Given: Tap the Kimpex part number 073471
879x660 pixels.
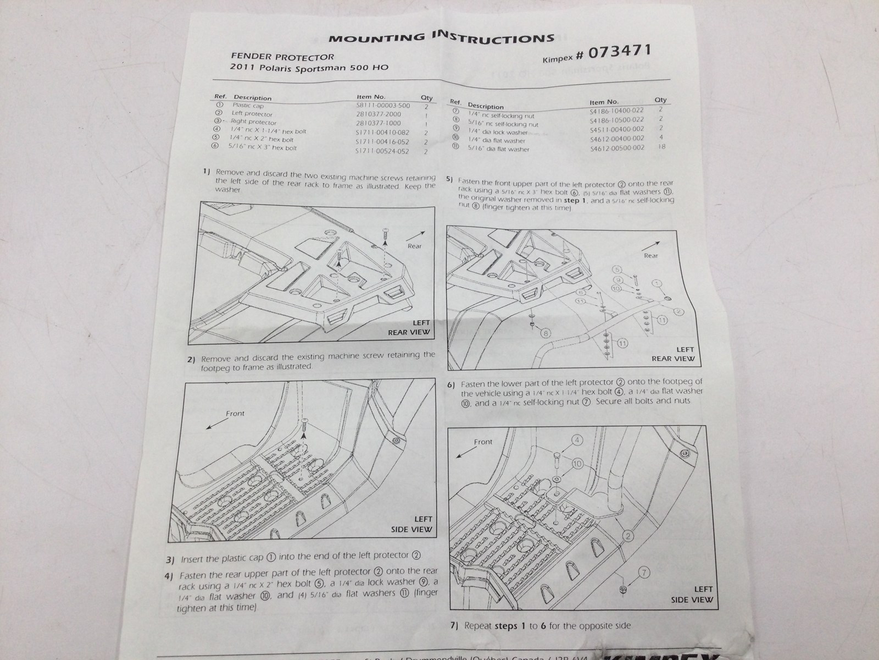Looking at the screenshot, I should (x=619, y=53).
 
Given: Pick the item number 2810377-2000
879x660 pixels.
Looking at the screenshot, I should (x=379, y=114).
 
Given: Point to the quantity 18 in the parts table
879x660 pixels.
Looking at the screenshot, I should (x=661, y=147).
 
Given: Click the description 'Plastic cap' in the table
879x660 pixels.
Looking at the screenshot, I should (x=248, y=106).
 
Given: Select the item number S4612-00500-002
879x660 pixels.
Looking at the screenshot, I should (x=616, y=148).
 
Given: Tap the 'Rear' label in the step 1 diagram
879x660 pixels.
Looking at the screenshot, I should (x=415, y=246).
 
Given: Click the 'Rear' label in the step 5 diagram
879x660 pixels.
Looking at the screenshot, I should (x=650, y=256).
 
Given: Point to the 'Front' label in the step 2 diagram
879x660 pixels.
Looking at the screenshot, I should (x=235, y=413).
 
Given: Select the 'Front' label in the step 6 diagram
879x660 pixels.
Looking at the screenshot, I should (x=483, y=442).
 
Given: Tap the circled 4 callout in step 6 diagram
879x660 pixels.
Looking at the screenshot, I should (x=577, y=440).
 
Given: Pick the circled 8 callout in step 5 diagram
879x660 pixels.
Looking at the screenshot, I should (x=546, y=333).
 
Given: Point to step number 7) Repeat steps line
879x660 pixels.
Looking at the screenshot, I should (x=454, y=625).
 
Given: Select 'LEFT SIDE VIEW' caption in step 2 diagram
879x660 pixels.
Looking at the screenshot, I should (x=412, y=524).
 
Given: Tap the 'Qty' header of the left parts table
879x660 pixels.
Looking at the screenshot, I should (x=426, y=98).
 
